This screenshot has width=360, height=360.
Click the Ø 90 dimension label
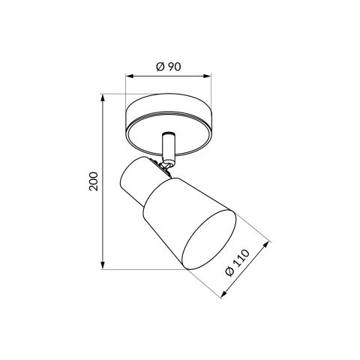pos(169,66)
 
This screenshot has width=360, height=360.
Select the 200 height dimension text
pos(93,181)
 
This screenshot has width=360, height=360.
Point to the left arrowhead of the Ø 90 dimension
pos(128,76)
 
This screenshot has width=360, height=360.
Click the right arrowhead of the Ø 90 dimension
pos(210,76)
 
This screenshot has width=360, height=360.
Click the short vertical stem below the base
pos(169,144)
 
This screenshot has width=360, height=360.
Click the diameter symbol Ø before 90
pos(160,66)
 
